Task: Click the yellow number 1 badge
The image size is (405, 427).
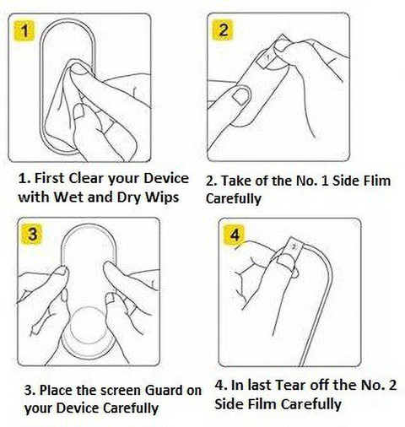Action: tap(24, 30)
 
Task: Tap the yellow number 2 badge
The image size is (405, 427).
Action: tap(223, 30)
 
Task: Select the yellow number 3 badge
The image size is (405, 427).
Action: tap(33, 235)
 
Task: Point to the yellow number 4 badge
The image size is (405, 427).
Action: tap(235, 235)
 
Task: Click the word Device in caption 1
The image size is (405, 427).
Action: tap(166, 178)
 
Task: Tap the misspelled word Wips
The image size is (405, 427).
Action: tap(162, 197)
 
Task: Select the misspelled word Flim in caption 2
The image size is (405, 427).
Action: tap(377, 181)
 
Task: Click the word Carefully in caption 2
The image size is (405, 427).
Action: tap(234, 198)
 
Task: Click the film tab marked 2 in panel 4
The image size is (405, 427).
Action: tap(293, 248)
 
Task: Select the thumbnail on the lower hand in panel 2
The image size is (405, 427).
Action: tap(241, 95)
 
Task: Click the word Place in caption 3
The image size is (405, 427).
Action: tap(56, 390)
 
